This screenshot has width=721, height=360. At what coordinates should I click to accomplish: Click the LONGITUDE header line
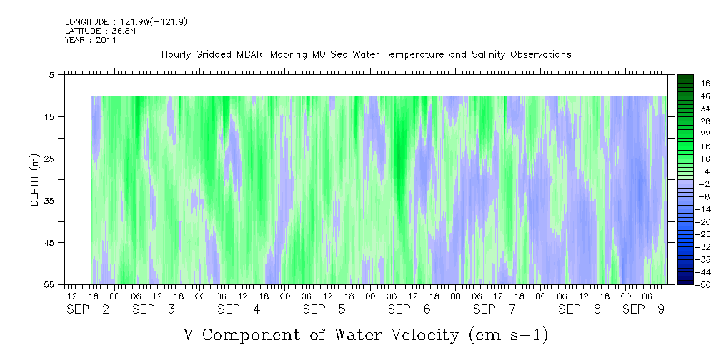coord(126,21)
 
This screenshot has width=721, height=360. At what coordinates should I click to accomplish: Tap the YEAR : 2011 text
coord(91,40)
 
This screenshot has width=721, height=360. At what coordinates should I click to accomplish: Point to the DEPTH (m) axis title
coord(35,180)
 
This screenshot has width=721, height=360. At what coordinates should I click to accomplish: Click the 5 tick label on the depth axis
coord(51,75)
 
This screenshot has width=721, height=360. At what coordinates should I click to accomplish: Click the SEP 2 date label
coord(89,309)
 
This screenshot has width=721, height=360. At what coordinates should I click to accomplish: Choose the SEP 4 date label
coord(239,309)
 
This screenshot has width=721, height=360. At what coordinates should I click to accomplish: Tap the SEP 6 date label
coord(409,309)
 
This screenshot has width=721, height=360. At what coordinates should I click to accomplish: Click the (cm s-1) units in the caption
coord(509,335)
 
